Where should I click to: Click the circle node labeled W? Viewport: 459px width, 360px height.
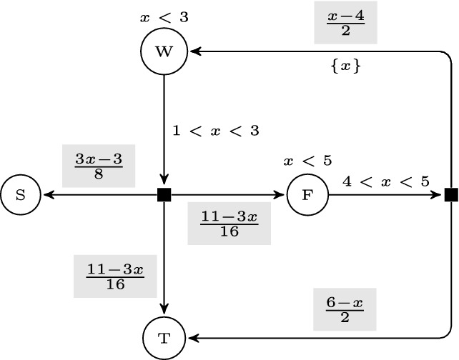tap(164, 51)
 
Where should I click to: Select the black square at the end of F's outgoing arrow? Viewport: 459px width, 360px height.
tap(450, 194)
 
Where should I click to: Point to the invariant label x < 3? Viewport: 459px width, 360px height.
tap(164, 16)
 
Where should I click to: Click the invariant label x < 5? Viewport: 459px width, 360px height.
tap(307, 160)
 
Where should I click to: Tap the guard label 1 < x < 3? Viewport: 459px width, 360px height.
tap(215, 131)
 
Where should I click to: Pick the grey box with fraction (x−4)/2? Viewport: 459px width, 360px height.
tap(345, 25)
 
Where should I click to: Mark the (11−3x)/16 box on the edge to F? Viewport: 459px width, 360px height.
tap(229, 224)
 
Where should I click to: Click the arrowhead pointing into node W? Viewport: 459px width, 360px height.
tap(193, 51)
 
